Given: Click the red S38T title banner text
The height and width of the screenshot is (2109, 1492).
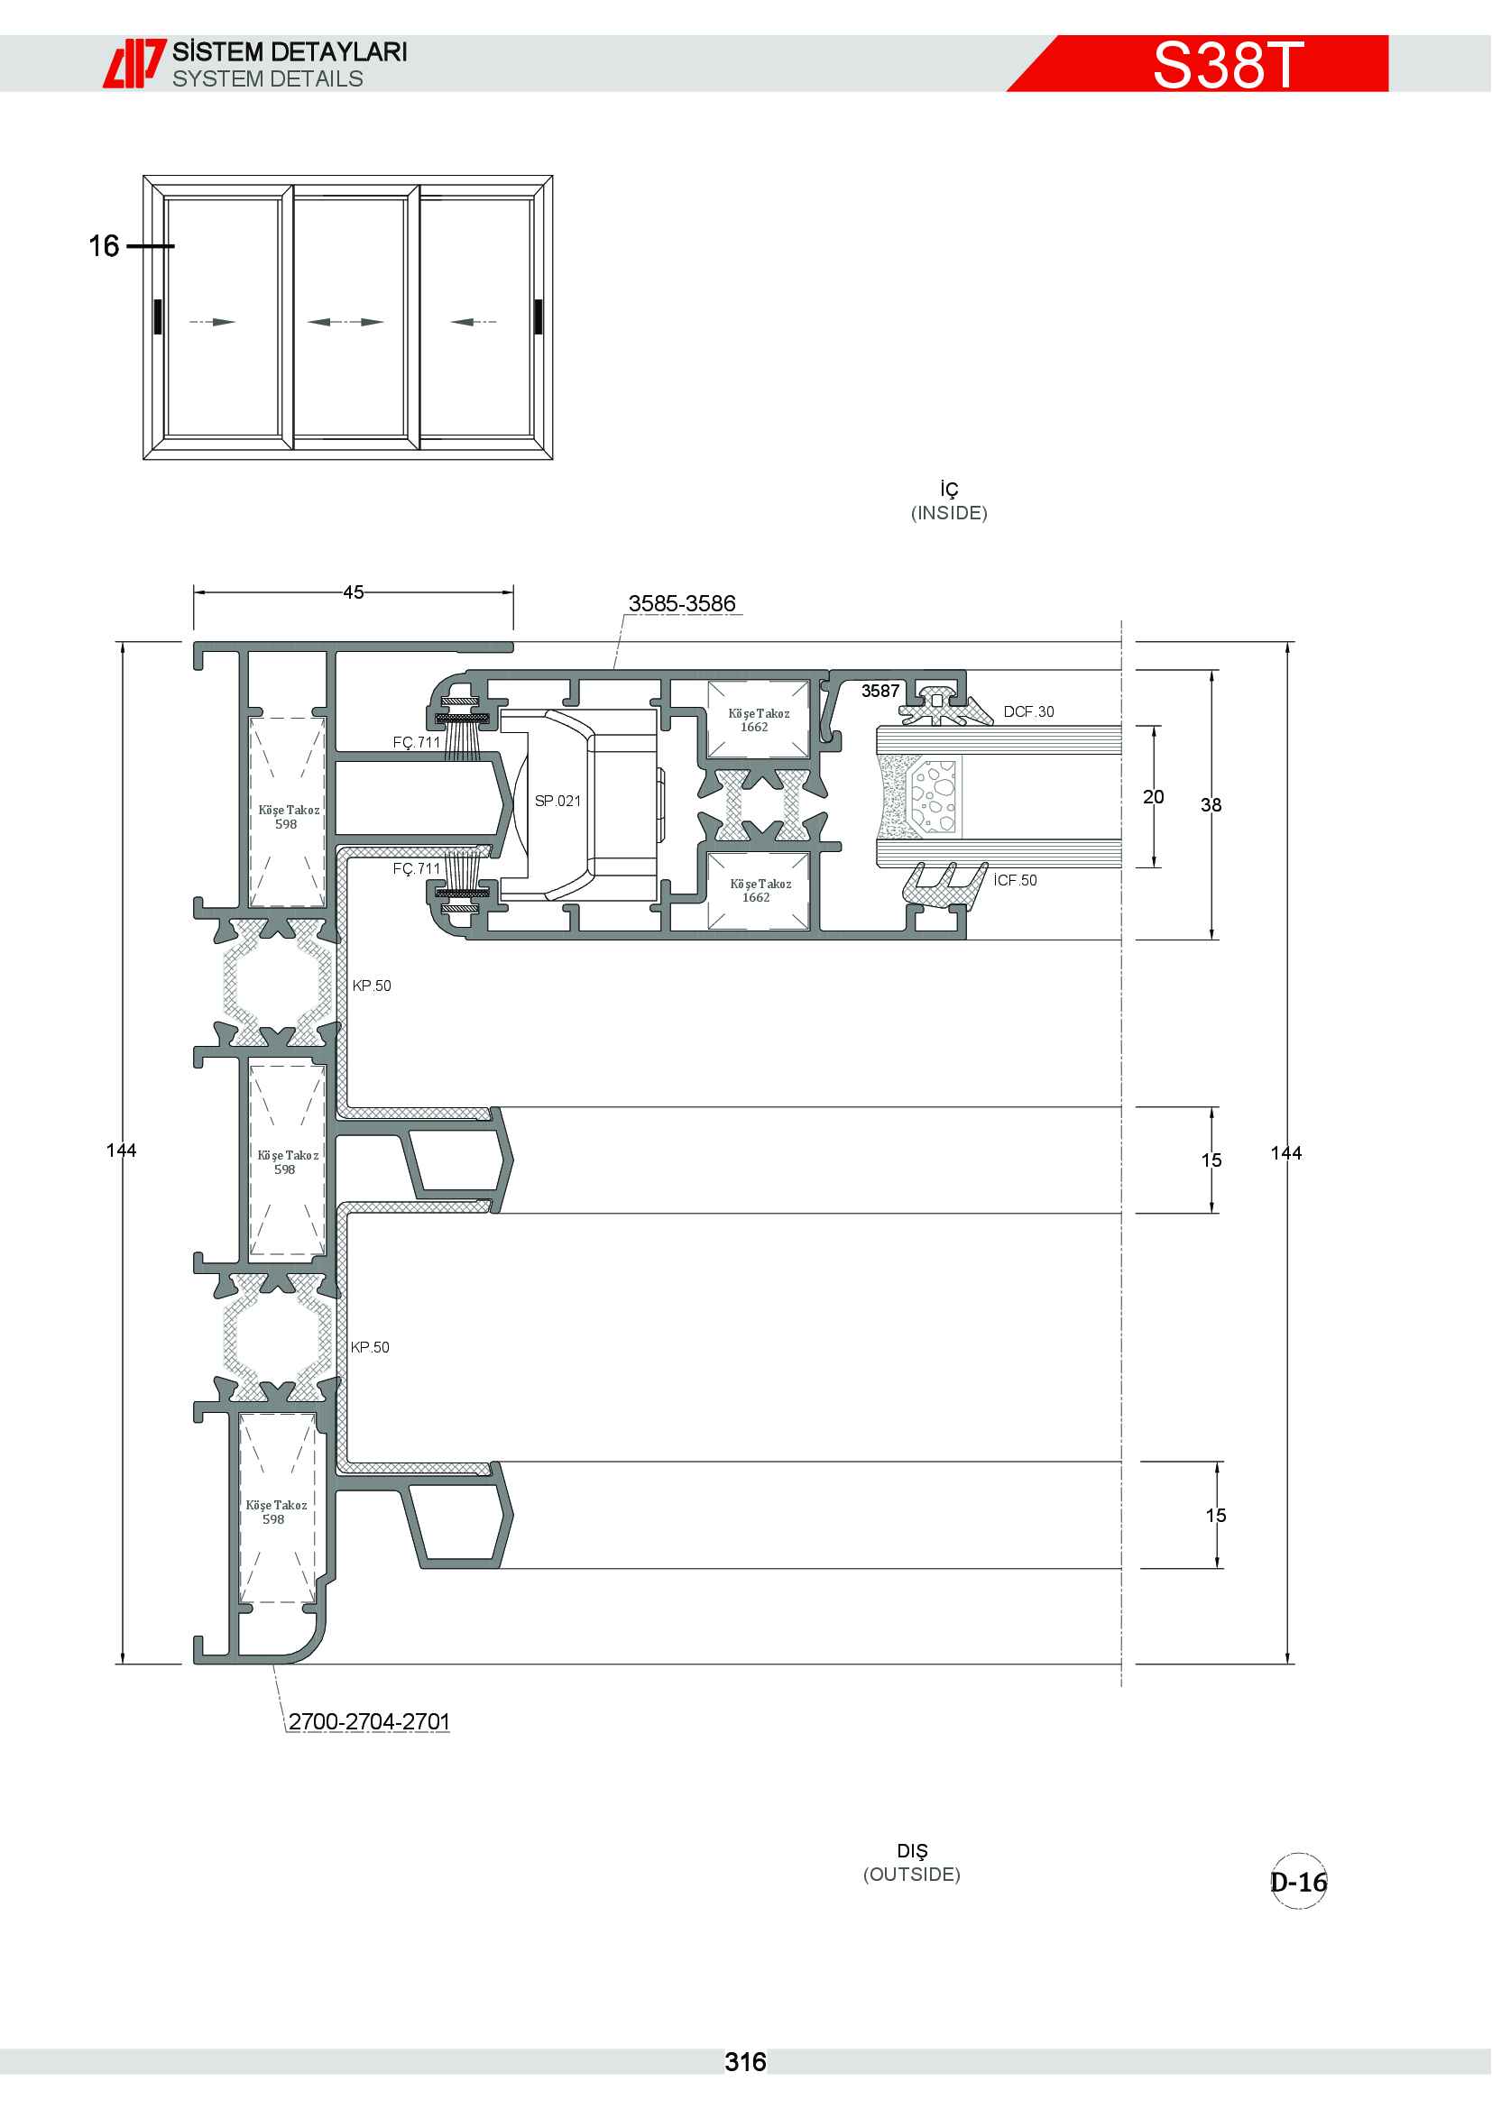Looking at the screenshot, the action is [1228, 64].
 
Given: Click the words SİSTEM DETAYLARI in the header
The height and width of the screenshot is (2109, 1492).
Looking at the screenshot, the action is [290, 51].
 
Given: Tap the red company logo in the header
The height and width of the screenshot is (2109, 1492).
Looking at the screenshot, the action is [134, 63].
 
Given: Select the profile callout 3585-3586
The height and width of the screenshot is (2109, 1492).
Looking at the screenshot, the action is [682, 603].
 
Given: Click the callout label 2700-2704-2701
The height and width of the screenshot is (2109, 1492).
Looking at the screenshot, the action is [369, 1721].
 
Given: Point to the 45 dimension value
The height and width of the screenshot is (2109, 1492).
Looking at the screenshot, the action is [354, 592].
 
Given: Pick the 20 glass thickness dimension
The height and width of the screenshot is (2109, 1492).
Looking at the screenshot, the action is [1153, 796].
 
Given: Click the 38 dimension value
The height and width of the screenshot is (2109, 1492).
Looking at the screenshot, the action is [1211, 804].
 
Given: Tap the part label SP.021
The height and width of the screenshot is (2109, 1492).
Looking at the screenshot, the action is [557, 801].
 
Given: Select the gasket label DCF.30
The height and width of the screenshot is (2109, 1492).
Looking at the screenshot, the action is [1029, 712].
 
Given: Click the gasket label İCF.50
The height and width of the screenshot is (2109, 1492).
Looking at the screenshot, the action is [1015, 880].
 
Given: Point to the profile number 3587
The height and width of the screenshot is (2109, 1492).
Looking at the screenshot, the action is [880, 691].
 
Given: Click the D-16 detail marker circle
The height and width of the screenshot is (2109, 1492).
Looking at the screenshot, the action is [1299, 1882].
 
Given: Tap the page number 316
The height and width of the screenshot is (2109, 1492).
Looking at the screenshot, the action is [745, 2062].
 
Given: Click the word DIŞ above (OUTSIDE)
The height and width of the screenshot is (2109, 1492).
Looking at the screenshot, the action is [912, 1851].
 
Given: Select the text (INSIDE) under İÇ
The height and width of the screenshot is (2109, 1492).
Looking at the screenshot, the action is [949, 512].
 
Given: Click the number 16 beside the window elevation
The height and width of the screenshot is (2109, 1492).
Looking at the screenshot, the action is [104, 245].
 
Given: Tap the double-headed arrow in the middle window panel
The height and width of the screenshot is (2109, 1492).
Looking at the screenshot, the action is [345, 322].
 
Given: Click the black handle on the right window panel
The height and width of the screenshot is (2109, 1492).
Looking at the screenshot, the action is [538, 316].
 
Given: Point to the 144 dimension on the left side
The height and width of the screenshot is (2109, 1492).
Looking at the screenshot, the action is [121, 1150].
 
